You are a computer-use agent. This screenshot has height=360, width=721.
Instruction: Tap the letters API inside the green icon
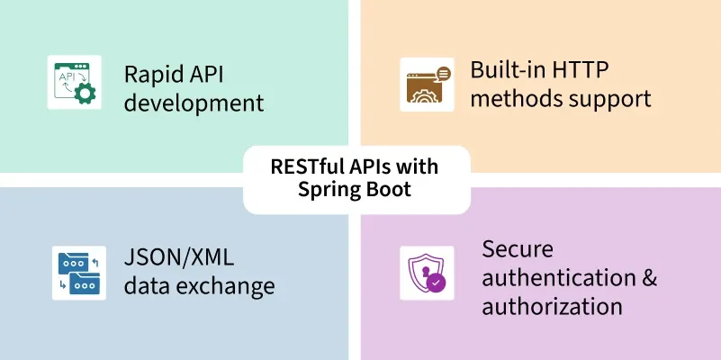tap(68, 76)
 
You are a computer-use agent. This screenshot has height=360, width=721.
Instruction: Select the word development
tap(194, 103)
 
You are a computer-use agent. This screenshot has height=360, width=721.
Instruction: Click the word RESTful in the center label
tap(306, 166)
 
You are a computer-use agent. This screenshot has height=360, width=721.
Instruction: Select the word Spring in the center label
tap(330, 191)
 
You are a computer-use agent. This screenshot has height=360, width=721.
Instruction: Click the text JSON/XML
tap(179, 257)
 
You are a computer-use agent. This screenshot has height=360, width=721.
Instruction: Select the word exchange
tap(225, 287)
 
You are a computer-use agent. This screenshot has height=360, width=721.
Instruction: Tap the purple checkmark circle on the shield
tap(437, 283)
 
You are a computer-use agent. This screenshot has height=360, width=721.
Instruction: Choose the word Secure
tap(518, 247)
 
